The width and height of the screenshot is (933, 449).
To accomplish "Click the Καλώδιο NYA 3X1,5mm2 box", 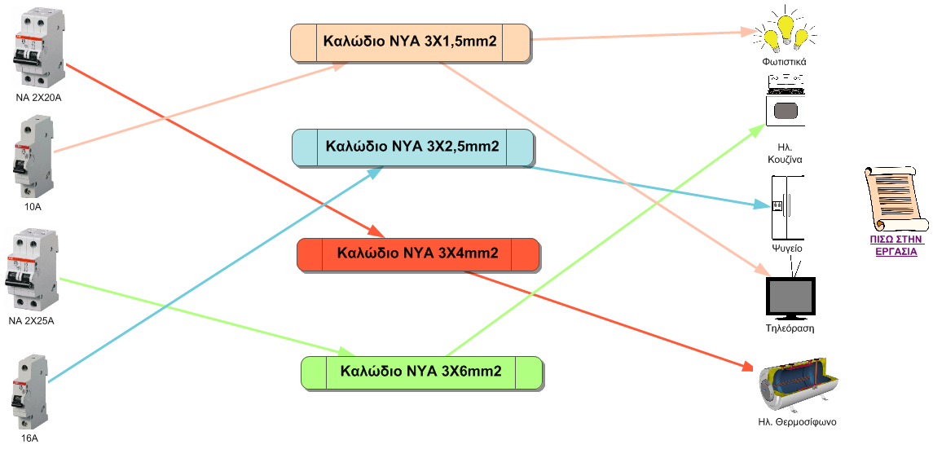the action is coord(410,42).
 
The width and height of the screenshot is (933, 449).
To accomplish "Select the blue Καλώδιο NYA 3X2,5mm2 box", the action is coord(412,147).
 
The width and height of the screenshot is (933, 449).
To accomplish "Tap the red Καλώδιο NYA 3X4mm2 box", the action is coord(418,254).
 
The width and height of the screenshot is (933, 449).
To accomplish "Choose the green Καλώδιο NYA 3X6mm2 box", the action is coord(421,372).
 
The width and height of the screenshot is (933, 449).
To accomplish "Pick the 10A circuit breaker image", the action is coord(33,156).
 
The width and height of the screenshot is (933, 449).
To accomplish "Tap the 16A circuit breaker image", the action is coord(30,392).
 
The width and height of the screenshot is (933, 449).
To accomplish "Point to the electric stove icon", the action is coord(786,100).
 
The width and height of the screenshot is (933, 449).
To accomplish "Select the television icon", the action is coord(790,292).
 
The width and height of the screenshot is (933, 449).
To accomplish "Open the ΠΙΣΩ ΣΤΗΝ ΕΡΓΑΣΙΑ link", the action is coord(896,245).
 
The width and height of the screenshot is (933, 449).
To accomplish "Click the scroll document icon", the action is coord(895,199).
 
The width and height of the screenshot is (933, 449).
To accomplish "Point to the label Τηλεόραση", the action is coord(790,328).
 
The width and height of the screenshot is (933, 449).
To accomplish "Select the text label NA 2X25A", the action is coord(32,321).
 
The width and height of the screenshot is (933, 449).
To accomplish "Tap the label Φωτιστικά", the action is coord(784,61).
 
